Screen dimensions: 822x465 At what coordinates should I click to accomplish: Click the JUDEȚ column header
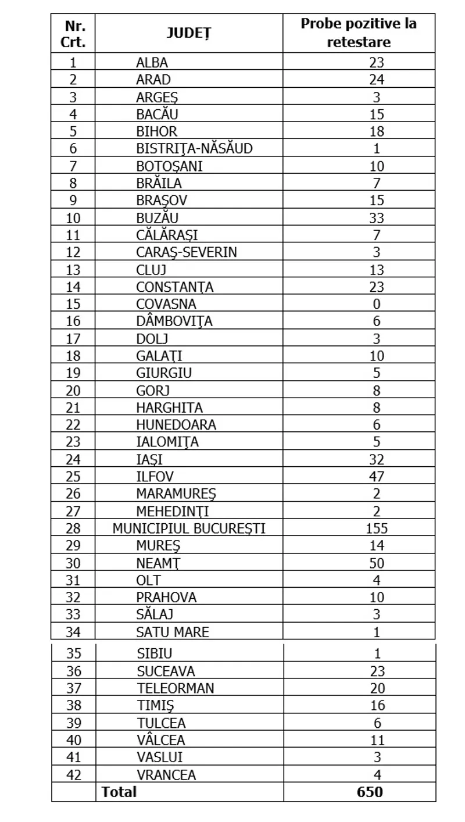click(188, 33)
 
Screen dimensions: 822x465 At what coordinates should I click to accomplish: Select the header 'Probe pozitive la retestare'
click(359, 33)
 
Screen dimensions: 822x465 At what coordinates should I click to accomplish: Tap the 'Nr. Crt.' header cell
click(73, 33)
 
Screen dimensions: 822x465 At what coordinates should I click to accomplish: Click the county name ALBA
click(152, 62)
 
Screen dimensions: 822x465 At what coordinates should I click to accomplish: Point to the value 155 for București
click(377, 528)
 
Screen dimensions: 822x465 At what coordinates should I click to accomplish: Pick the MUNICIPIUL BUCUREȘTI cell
click(189, 528)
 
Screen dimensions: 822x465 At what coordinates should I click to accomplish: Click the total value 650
click(370, 792)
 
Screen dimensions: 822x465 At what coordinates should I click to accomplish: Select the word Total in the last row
click(119, 792)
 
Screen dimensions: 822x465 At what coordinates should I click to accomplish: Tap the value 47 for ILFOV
click(377, 477)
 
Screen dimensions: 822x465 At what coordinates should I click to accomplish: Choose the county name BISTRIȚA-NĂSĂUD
click(194, 149)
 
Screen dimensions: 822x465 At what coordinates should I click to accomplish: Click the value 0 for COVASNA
click(377, 304)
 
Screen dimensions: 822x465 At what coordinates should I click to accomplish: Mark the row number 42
click(74, 774)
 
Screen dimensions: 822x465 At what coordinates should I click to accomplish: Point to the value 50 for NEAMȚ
click(377, 563)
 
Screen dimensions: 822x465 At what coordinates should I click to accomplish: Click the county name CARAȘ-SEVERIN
click(186, 252)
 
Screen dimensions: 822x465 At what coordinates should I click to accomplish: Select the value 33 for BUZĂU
click(377, 218)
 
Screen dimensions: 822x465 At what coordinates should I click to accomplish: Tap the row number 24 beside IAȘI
click(74, 459)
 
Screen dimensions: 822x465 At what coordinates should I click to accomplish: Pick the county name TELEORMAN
click(176, 688)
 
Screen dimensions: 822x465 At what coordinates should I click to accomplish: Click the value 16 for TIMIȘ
click(377, 705)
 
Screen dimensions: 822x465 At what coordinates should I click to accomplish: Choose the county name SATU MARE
click(172, 632)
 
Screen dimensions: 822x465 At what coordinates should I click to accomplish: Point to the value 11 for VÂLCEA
click(377, 740)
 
